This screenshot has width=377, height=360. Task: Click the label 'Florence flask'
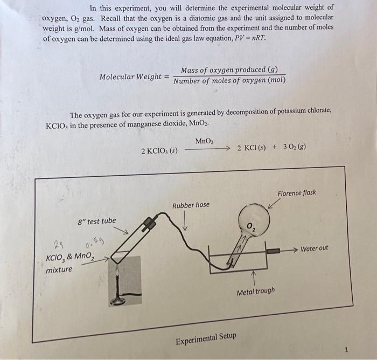297,193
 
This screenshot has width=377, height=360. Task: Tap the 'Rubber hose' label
191,205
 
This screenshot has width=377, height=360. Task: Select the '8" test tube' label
97,221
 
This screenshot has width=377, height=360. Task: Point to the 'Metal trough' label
256,291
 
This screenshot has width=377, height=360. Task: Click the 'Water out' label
314,248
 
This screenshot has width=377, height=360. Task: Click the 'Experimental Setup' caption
206,338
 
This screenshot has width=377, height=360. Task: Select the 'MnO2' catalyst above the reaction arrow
204,141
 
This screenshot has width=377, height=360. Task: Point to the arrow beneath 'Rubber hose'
186,221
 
